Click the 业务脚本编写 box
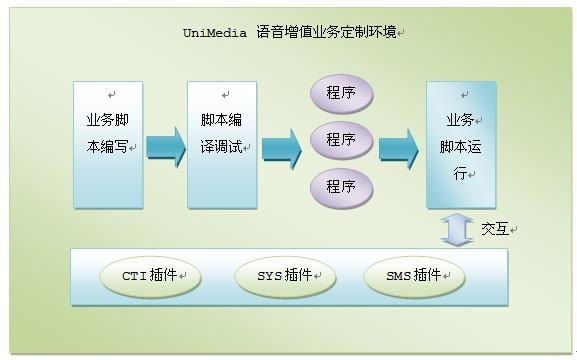click(107, 144)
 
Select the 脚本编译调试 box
click(221, 144)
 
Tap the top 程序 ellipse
click(340, 94)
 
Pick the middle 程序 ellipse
click(340, 140)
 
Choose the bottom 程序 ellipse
click(340, 187)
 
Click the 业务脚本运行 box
click(460, 144)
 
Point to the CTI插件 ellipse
click(149, 276)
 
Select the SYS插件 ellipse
click(283, 276)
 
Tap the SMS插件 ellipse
click(413, 276)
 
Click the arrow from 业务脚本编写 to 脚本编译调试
click(165, 147)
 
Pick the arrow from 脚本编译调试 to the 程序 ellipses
click(281, 147)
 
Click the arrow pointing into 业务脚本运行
click(398, 147)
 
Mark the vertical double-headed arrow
click(457, 229)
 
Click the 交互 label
click(495, 229)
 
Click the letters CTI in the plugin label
click(134, 276)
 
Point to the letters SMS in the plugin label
click(398, 276)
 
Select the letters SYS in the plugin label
click(268, 276)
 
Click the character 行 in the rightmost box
click(459, 173)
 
